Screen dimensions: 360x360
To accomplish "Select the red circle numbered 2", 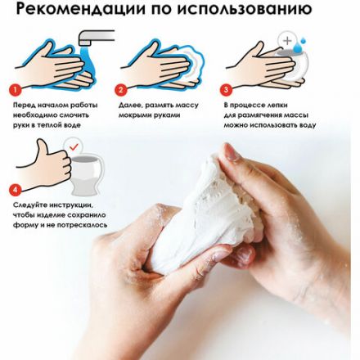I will click(x=120, y=89).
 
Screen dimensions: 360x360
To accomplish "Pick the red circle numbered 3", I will click(x=226, y=89).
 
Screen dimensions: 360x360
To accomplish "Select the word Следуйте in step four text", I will click(x=29, y=205).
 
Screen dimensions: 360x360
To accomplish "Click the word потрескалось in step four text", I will click(x=79, y=224).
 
